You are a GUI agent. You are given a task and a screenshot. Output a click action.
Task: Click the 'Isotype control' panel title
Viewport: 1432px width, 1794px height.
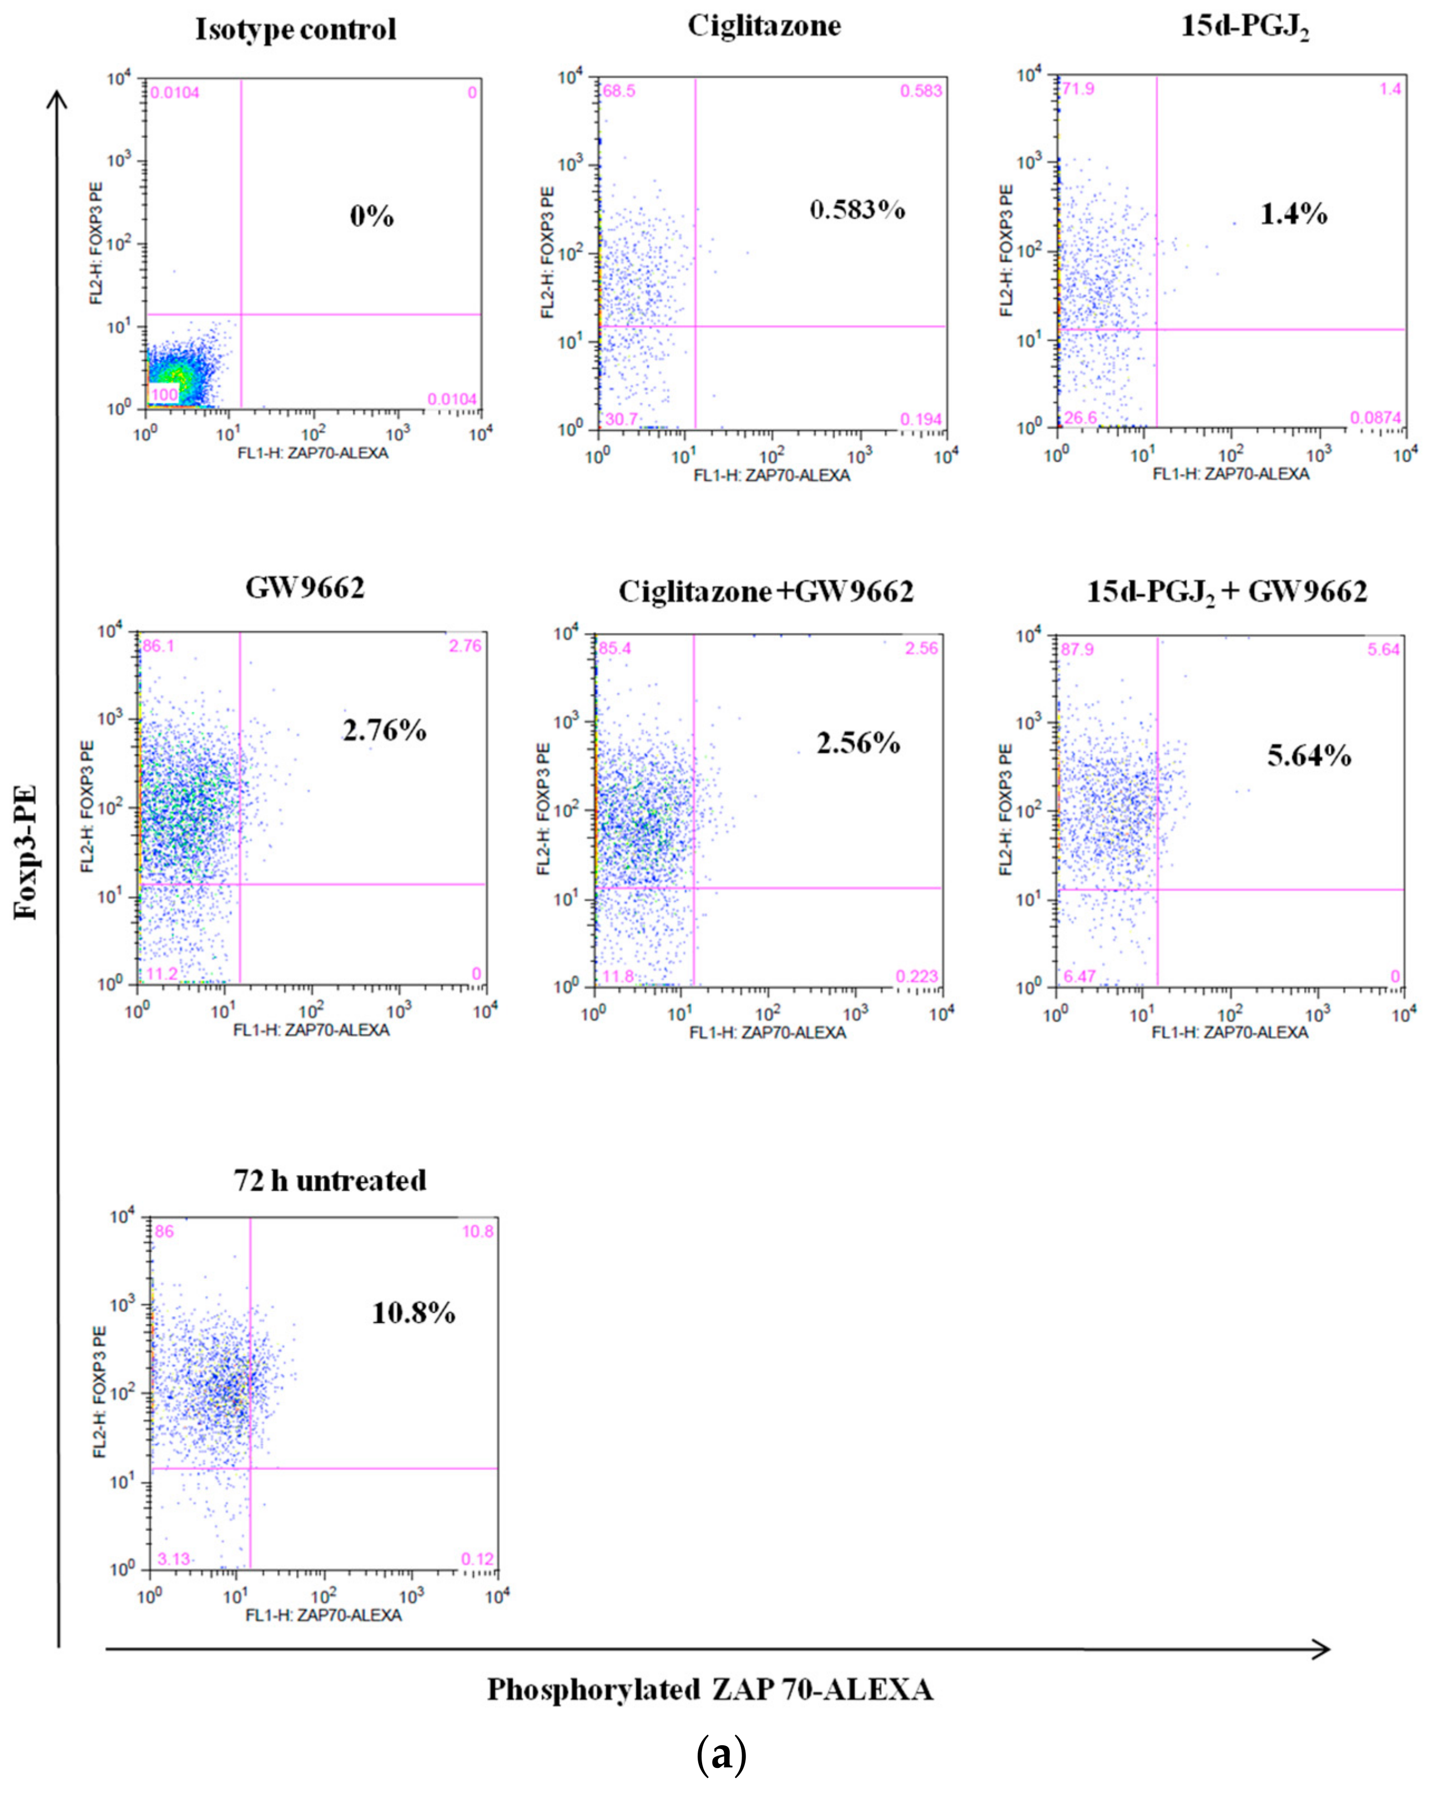tap(295, 30)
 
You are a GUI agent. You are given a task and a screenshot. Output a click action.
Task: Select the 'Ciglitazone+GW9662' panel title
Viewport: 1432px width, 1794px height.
tap(765, 592)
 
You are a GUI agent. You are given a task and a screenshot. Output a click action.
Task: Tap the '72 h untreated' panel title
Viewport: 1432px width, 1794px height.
tap(330, 1180)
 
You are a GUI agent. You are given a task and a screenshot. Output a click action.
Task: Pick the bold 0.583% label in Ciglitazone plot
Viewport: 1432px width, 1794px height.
tap(857, 210)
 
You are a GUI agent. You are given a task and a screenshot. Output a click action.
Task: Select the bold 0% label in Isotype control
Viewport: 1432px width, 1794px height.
tap(371, 216)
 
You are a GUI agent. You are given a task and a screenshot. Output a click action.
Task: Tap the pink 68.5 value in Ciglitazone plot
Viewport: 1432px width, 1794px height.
tap(618, 90)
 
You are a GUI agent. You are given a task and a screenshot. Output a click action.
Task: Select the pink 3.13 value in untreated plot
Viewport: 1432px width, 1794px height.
tap(174, 1559)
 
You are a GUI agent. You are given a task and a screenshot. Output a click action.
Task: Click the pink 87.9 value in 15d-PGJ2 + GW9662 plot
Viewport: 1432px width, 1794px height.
tap(1077, 649)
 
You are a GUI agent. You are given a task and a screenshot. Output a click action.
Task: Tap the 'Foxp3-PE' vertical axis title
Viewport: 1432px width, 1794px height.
tap(27, 849)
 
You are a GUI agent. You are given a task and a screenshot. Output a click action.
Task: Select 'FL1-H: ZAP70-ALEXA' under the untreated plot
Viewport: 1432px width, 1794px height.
tap(323, 1615)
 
